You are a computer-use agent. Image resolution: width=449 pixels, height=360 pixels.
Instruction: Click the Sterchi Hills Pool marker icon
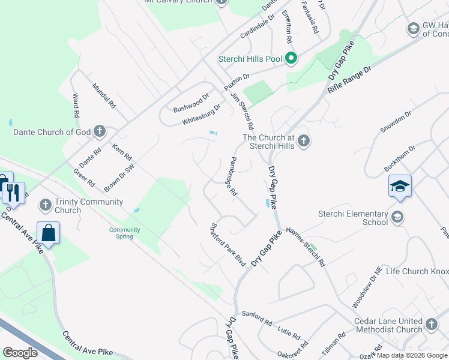coord(291,58)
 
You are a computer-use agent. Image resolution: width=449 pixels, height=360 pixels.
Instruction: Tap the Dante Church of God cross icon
coord(100,131)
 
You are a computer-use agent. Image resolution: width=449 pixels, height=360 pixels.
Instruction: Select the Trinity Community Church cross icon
coord(45,205)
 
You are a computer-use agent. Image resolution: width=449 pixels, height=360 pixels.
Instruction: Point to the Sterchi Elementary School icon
coord(397,217)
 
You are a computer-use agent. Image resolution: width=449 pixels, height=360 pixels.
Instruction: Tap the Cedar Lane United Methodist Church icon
coord(432,325)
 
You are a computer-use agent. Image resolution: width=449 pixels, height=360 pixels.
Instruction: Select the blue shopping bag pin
coord(48,232)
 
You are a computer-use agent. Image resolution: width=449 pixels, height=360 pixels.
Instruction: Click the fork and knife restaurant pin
coord(13,193)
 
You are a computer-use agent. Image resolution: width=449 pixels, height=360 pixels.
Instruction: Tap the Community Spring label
coord(125,233)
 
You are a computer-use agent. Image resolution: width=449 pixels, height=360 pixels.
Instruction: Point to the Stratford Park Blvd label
coord(228,245)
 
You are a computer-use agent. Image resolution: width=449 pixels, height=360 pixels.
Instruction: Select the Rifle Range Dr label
coord(350,79)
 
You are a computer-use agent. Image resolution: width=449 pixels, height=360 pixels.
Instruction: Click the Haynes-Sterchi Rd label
coord(306,239)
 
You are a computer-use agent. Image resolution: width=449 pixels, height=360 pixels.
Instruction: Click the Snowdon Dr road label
coord(396,121)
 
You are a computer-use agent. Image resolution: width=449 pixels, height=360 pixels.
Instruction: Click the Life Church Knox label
coord(417,271)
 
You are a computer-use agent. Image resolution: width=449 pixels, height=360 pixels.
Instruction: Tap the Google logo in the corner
coord(20,352)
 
